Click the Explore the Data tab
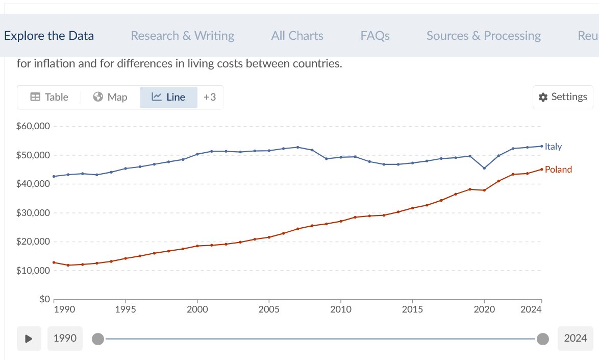pos(49,36)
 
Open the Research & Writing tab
pos(183,36)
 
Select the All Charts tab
pos(297,36)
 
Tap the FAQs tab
pos(375,36)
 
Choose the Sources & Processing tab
pos(484,36)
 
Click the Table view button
pos(49,97)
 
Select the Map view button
pos(110,97)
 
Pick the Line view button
pos(169,97)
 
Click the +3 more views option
pos(210,97)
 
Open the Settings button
pos(563,97)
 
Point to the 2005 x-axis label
pos(268,309)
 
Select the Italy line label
pos(553,147)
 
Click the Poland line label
pos(558,170)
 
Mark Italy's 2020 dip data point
pos(484,168)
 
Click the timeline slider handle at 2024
pos(543,339)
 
